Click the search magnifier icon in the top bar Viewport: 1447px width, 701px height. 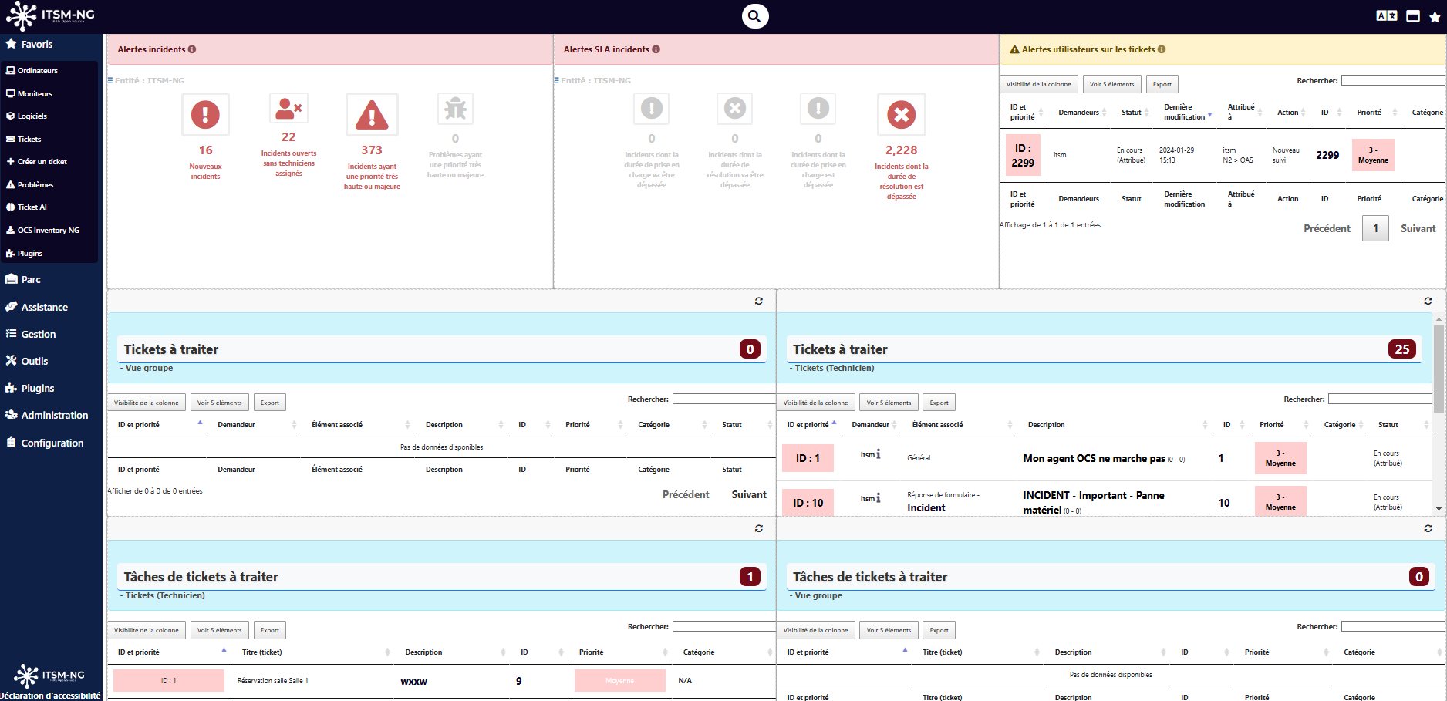pyautogui.click(x=755, y=16)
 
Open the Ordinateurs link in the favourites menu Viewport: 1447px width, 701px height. pyautogui.click(x=37, y=71)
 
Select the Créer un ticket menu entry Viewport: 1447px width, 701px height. pyautogui.click(x=42, y=162)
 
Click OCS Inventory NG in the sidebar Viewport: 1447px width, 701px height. pyautogui.click(x=48, y=231)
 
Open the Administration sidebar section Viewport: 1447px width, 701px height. pyautogui.click(x=54, y=416)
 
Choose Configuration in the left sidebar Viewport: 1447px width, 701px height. pyautogui.click(x=52, y=443)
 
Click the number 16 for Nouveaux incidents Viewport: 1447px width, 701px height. pyautogui.click(x=205, y=150)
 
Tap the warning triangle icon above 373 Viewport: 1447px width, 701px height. pyautogui.click(x=372, y=116)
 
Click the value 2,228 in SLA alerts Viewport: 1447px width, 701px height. pyautogui.click(x=901, y=150)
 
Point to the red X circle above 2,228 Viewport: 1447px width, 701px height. pyautogui.click(x=901, y=116)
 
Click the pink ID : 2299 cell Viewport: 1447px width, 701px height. pyautogui.click(x=1023, y=156)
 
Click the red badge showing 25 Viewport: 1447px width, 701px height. pyautogui.click(x=1401, y=349)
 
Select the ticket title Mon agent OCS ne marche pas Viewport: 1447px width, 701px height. pyautogui.click(x=1094, y=459)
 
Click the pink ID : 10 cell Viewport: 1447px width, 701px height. pyautogui.click(x=808, y=503)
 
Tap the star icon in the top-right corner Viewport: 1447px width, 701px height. pyautogui.click(x=1435, y=16)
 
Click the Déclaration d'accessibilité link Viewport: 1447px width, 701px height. pyautogui.click(x=50, y=696)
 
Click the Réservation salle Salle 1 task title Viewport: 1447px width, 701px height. pyautogui.click(x=272, y=681)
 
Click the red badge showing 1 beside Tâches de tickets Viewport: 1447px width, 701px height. pyautogui.click(x=750, y=577)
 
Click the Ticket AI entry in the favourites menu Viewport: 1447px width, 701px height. pyautogui.click(x=32, y=207)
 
